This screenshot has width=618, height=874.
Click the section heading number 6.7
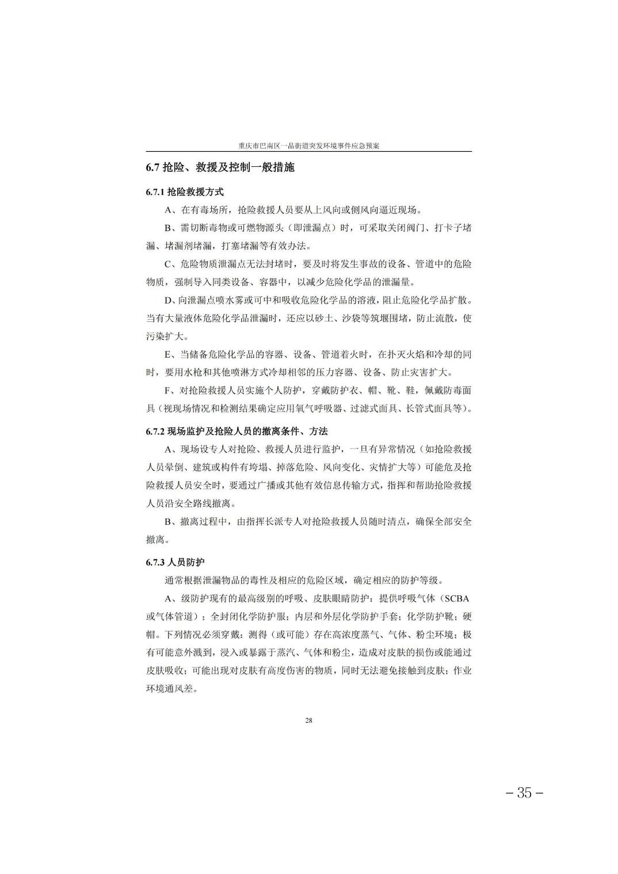click(152, 168)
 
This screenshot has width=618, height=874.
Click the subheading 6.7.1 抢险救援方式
click(185, 191)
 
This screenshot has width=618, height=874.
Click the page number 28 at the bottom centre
click(308, 720)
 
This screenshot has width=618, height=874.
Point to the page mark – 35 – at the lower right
click(524, 793)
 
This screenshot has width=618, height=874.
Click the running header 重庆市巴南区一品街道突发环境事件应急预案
click(308, 146)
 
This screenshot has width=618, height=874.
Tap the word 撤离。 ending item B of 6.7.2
click(158, 540)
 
